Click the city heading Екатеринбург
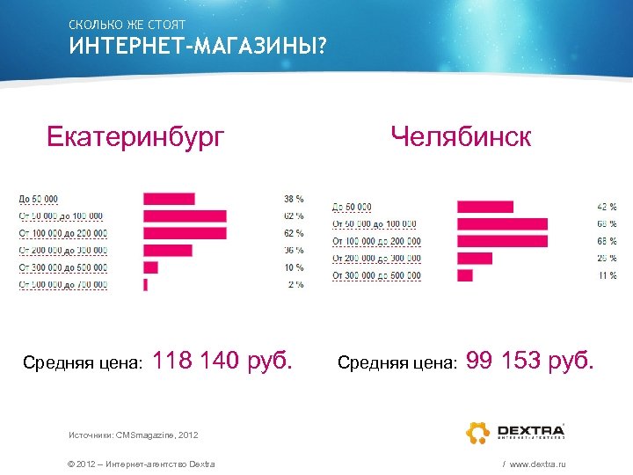pyautogui.click(x=135, y=137)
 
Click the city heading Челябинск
pyautogui.click(x=462, y=137)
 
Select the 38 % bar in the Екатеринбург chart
pyautogui.click(x=169, y=199)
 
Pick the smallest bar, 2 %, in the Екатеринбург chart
pyautogui.click(x=145, y=285)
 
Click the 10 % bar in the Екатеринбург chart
pyautogui.click(x=150, y=267)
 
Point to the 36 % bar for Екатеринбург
pyautogui.click(x=167, y=251)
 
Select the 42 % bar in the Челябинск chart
pyautogui.click(x=484, y=207)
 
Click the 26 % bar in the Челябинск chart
pyautogui.click(x=475, y=259)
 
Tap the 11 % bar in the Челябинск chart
pyautogui.click(x=464, y=275)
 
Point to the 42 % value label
pyautogui.click(x=607, y=207)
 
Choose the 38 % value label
pyautogui.click(x=293, y=199)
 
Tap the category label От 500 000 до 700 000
pyautogui.click(x=62, y=285)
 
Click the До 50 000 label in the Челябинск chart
pyautogui.click(x=353, y=207)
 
